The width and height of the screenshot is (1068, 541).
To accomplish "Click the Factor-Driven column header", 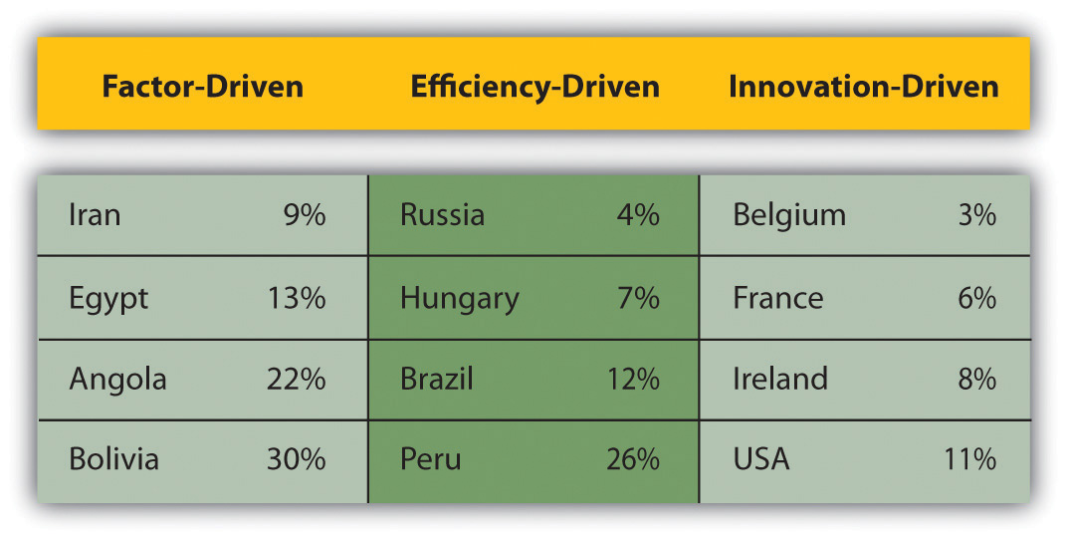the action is pyautogui.click(x=202, y=87).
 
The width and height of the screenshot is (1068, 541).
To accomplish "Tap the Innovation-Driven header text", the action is pyautogui.click(x=864, y=87).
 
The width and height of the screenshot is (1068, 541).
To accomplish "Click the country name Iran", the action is pyautogui.click(x=95, y=215).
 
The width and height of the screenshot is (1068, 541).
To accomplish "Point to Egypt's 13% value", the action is pyautogui.click(x=297, y=298).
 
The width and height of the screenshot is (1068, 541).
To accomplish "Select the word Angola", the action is pyautogui.click(x=117, y=380).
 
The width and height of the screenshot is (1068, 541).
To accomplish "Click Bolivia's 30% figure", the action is pyautogui.click(x=297, y=458).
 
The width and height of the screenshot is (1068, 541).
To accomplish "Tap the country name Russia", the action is pyautogui.click(x=442, y=215).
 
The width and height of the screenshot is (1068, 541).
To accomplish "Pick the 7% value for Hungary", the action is pyautogui.click(x=638, y=298).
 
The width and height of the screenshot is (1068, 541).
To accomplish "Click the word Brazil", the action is pyautogui.click(x=437, y=379).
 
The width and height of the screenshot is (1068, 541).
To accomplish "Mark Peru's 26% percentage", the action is pyautogui.click(x=633, y=458).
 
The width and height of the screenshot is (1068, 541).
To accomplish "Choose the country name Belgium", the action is pyautogui.click(x=789, y=216).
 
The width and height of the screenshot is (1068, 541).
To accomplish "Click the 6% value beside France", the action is pyautogui.click(x=976, y=298).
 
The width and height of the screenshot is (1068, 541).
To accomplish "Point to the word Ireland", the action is pyautogui.click(x=780, y=379).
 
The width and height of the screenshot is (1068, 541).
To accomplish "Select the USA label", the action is pyautogui.click(x=761, y=458).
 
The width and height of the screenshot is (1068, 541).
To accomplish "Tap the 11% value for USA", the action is pyautogui.click(x=969, y=458).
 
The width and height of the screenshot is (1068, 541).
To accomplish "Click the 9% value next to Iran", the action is pyautogui.click(x=305, y=215).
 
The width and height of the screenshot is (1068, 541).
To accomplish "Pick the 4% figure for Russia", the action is pyautogui.click(x=638, y=215).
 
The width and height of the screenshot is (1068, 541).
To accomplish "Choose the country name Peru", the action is pyautogui.click(x=430, y=458).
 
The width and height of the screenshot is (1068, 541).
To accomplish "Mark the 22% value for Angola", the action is pyautogui.click(x=297, y=379).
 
